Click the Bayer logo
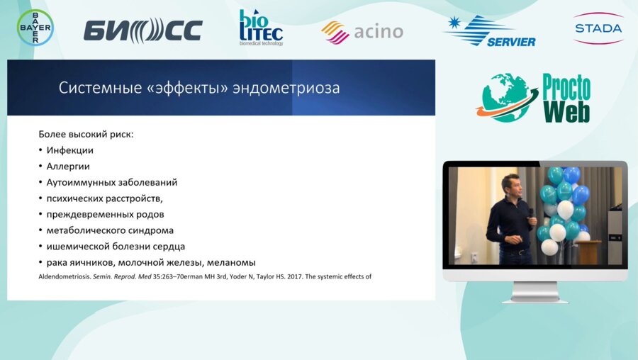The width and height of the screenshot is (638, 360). coord(35,27)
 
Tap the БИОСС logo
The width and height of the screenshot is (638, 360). coord(142,30)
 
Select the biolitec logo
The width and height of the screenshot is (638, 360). coord(261,27)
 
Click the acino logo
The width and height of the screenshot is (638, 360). coord(362,32)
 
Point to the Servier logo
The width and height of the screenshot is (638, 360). coord(489,31)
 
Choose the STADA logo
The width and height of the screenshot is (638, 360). coord(598,28)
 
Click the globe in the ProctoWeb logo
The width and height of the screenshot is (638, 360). coord(505,98)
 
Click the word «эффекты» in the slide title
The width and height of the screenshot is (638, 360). coord(187,88)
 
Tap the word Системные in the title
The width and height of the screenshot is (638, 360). coord(100,87)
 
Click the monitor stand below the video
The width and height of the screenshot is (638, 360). coord(535,292)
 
